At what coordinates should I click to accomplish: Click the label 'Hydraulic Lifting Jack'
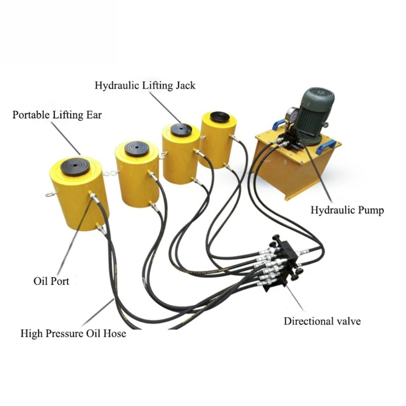click(x=145, y=85)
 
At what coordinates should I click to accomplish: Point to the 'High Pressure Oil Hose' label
click(x=73, y=334)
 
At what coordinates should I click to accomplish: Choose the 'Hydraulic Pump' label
click(x=347, y=210)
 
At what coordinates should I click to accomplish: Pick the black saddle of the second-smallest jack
click(x=181, y=130)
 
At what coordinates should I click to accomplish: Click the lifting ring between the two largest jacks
click(x=108, y=174)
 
